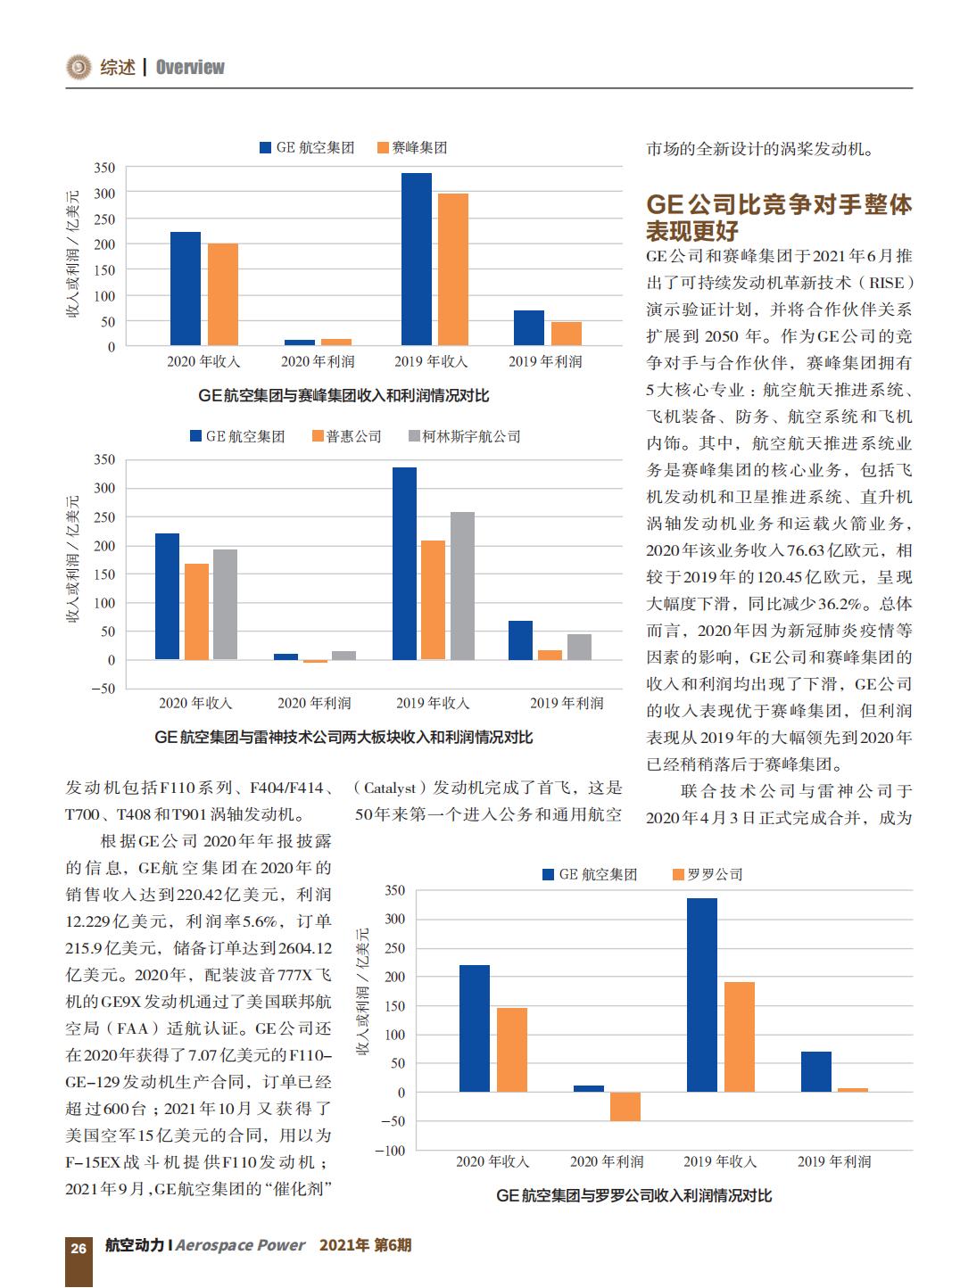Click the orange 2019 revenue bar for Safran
pos(452,269)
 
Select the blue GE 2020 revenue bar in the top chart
pos(186,289)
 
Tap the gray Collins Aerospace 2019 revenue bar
pos(462,585)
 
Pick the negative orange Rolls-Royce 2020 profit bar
pos(625,1106)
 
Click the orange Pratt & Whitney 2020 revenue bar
pos(196,612)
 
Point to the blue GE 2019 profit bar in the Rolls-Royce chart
pos(815,1071)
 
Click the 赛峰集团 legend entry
pos(412,147)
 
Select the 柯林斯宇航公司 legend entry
pos(464,436)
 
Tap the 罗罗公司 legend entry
pos(708,874)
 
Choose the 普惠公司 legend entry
pos(347,436)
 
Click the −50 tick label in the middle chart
pos(103,689)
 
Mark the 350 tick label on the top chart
pos(104,168)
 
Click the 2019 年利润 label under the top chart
pos(545,362)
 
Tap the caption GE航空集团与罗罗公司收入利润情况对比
pos(634,1195)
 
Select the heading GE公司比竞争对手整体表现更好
pos(779,217)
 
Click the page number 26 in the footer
pos(79,1247)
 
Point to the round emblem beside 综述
pos(79,67)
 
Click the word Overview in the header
pos(190,68)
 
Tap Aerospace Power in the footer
pos(240,1245)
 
